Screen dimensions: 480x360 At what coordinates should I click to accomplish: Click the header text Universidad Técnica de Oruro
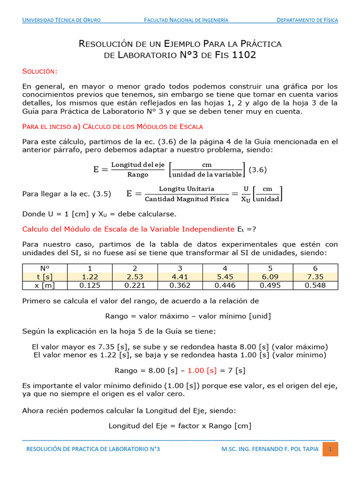point(61,20)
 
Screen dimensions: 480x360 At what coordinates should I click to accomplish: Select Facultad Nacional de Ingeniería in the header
point(186,20)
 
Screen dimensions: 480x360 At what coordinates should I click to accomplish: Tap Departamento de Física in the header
point(307,20)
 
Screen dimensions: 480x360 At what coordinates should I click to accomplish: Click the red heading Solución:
point(40,71)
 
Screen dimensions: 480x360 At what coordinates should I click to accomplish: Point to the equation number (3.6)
point(257,170)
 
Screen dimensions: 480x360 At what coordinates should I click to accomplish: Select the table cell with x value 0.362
point(180,285)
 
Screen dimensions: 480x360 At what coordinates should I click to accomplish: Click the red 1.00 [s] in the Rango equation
point(202,370)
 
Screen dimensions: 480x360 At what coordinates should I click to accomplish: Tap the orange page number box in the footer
point(330,449)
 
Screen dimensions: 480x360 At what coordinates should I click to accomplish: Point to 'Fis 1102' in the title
point(240,55)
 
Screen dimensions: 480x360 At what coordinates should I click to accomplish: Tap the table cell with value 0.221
point(135,285)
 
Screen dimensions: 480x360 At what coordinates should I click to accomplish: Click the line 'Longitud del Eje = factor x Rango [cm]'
point(180,426)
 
